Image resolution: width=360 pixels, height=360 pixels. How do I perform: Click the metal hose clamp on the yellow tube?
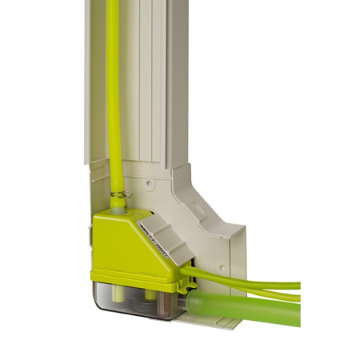[x=118, y=194]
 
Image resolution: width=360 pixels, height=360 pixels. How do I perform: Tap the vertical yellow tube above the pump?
[x=114, y=96]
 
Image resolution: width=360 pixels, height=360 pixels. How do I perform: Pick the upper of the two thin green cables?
[x=248, y=282]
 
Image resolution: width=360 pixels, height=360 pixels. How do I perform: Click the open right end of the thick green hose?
[x=296, y=309]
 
